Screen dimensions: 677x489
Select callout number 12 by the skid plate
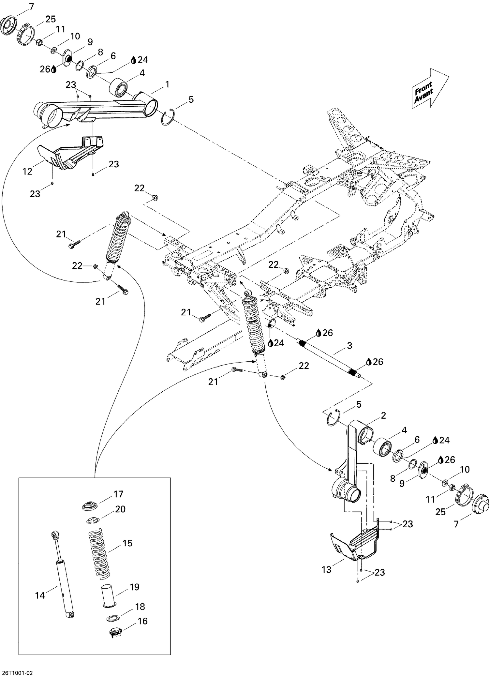[x=27, y=171]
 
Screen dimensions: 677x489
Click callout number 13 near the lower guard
[x=326, y=569]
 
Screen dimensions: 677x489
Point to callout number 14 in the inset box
[x=40, y=595]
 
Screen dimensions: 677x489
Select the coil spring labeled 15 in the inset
[x=99, y=553]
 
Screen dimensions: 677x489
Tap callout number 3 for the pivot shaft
[x=349, y=345]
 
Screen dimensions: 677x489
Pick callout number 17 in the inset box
[x=118, y=494]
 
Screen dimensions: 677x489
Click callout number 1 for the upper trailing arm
[x=167, y=84]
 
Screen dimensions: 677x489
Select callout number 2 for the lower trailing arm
[x=383, y=415]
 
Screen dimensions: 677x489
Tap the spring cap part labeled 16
[x=115, y=632]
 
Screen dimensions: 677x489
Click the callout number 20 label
[x=120, y=509]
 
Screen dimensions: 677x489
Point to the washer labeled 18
[x=113, y=618]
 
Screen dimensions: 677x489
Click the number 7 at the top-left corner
[x=31, y=6]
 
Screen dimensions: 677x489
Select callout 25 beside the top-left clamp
[x=50, y=19]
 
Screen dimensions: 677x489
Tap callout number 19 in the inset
[x=134, y=587]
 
